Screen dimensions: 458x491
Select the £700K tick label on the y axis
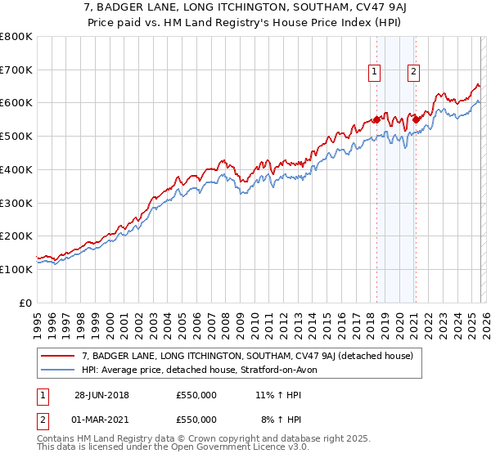click(16, 70)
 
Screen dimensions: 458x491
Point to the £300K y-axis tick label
click(16, 203)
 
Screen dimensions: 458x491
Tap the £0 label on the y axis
click(25, 303)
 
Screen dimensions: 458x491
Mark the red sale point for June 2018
click(376, 119)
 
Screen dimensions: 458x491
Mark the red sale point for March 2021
click(416, 119)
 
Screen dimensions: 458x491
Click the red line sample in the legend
click(60, 356)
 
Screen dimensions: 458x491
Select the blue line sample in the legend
click(60, 370)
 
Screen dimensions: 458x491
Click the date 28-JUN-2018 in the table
click(101, 395)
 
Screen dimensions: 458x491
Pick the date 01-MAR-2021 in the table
click(101, 420)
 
